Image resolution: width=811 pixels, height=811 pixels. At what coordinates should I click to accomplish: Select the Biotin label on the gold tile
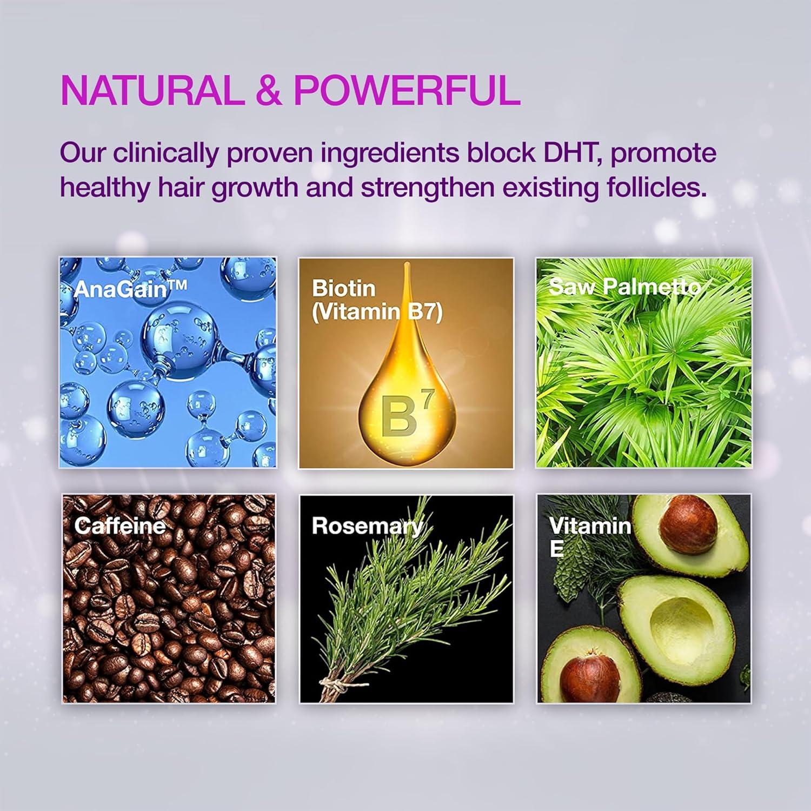point(343,288)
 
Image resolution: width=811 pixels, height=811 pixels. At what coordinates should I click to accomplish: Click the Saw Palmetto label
point(624,286)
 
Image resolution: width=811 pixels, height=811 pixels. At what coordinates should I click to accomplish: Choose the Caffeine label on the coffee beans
point(120,526)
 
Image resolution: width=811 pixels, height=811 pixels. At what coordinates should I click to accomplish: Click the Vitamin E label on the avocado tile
point(590,536)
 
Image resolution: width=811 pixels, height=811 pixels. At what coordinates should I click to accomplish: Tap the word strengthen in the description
point(428,188)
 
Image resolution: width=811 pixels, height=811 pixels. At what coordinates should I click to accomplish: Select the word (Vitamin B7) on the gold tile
point(377,312)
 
